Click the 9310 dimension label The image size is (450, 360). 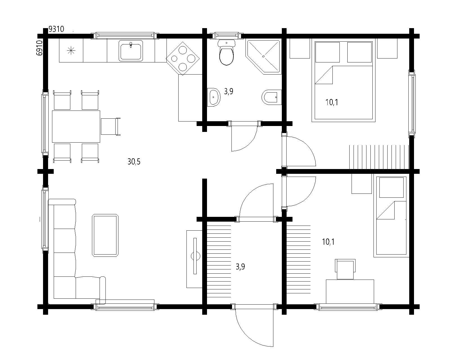(x=56, y=29)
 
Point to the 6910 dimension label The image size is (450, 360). (x=39, y=48)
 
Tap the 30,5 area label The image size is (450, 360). (x=134, y=161)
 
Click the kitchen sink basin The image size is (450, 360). (x=131, y=51)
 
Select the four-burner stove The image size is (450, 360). (x=183, y=58)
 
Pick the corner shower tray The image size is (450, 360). (x=264, y=56)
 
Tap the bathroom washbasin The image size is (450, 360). (x=214, y=97)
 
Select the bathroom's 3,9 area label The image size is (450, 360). (x=229, y=91)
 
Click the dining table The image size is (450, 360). (x=76, y=127)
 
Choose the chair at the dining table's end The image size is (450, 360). (x=111, y=127)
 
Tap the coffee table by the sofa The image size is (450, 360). (x=105, y=235)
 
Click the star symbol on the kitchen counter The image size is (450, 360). (x=71, y=51)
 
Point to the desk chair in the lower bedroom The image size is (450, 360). (x=345, y=269)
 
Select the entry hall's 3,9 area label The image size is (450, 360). (x=240, y=267)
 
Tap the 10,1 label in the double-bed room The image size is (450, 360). (x=332, y=102)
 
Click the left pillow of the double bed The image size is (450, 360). (x=327, y=52)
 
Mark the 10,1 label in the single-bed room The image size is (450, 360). (x=328, y=242)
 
